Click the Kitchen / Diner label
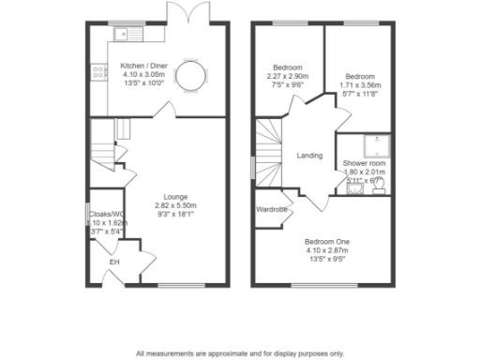tap(142, 66)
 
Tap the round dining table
tap(191, 76)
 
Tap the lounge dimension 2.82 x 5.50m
tap(169, 205)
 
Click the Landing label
tap(309, 156)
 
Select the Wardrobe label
tap(271, 209)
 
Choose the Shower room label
tap(365, 163)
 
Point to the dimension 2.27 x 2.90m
tap(287, 75)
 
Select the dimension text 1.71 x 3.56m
tap(359, 84)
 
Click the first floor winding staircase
tap(268, 150)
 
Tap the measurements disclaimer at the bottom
tap(239, 353)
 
